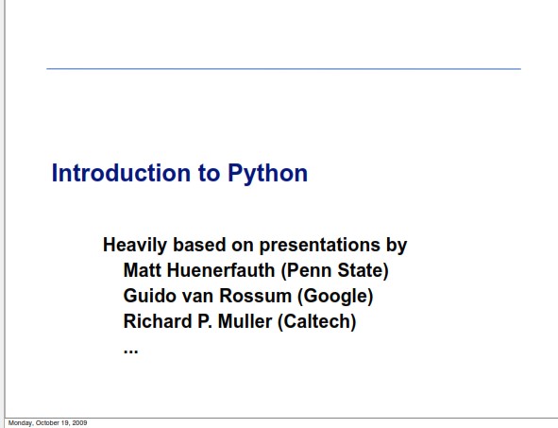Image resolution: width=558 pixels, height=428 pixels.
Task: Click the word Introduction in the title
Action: (x=121, y=173)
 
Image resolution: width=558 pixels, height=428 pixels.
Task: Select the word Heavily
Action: (x=135, y=246)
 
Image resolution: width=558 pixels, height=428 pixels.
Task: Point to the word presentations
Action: (x=319, y=246)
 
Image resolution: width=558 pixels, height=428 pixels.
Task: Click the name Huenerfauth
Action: (x=221, y=270)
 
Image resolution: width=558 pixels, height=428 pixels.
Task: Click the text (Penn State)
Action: (x=334, y=271)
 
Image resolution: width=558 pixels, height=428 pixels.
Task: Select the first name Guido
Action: (x=150, y=296)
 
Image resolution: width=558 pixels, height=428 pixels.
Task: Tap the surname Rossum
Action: (x=255, y=296)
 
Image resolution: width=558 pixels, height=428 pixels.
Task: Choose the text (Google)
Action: (x=335, y=297)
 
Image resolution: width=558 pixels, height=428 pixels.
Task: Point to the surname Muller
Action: (x=245, y=321)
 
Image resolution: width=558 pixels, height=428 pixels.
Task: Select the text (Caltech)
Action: (x=316, y=322)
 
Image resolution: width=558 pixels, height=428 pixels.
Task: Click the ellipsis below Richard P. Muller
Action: (x=130, y=351)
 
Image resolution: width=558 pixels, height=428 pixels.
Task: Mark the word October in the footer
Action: (x=48, y=422)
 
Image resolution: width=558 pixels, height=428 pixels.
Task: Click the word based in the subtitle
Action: (x=199, y=245)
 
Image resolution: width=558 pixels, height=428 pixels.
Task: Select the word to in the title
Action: (x=209, y=174)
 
